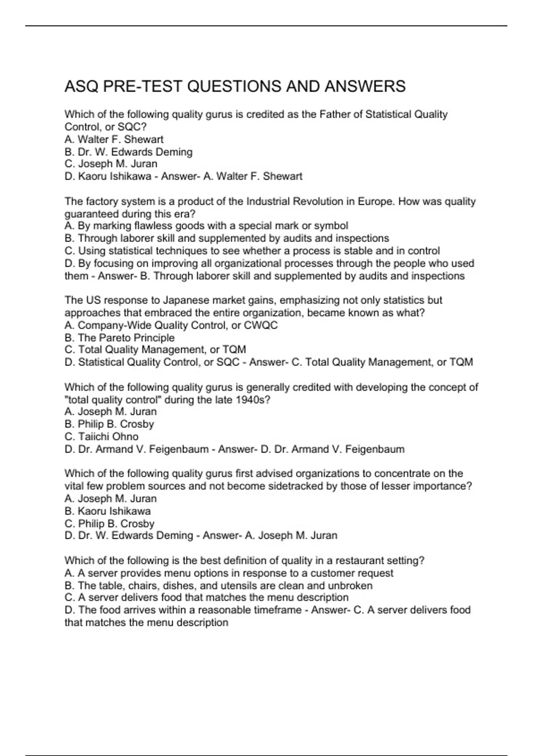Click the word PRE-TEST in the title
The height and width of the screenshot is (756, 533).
(x=143, y=86)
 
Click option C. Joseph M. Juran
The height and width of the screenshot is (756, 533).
(x=111, y=164)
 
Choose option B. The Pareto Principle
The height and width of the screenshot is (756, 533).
(x=119, y=338)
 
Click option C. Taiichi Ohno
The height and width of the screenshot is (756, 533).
(x=101, y=437)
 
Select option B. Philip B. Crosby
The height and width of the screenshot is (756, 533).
(x=109, y=424)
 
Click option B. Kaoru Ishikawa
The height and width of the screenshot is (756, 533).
(x=107, y=511)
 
